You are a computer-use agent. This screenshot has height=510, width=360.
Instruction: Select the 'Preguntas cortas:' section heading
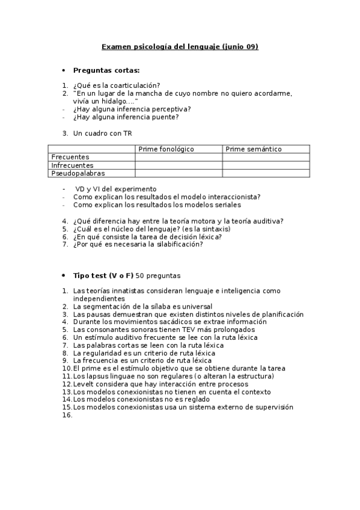coord(106,70)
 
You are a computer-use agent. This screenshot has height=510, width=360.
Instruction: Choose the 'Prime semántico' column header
coord(253,149)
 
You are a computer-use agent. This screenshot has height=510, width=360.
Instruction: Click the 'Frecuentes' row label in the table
coord(70,157)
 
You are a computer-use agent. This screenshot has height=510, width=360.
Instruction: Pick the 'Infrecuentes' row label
coord(72,165)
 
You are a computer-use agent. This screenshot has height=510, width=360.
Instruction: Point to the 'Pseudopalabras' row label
coord(78,173)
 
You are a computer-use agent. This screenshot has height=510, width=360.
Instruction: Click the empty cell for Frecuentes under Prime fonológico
coord(178,157)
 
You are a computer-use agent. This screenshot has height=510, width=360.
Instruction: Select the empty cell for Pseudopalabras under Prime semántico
coord(266,173)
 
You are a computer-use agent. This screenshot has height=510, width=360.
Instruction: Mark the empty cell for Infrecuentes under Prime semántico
coord(266,165)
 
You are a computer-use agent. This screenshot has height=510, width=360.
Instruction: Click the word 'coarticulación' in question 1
coord(138,85)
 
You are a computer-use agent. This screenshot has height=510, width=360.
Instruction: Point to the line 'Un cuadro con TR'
coord(102,133)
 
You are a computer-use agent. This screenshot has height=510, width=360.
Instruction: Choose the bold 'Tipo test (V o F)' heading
coord(103,275)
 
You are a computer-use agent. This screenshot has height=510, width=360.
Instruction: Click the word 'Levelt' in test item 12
coord(83,384)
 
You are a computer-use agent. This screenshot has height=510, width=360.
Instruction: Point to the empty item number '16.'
coord(67,415)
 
